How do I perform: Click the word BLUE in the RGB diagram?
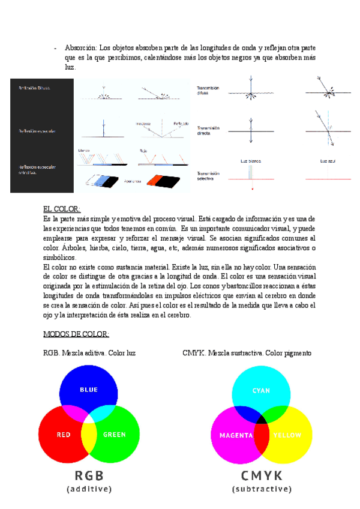(89, 390)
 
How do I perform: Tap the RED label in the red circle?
(64, 435)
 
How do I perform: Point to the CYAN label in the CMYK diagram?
(261, 391)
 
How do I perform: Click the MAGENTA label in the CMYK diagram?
(236, 435)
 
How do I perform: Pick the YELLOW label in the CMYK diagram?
(287, 435)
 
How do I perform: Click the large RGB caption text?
(89, 475)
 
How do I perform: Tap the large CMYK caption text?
(262, 475)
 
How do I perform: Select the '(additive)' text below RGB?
(89, 489)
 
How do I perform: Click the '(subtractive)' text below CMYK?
(262, 489)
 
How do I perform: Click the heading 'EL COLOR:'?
(62, 209)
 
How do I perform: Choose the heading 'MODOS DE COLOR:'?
(76, 334)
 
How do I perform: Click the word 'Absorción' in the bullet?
(80, 47)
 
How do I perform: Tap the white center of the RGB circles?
(89, 421)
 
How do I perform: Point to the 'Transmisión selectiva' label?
(208, 176)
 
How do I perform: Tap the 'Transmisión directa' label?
(208, 130)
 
